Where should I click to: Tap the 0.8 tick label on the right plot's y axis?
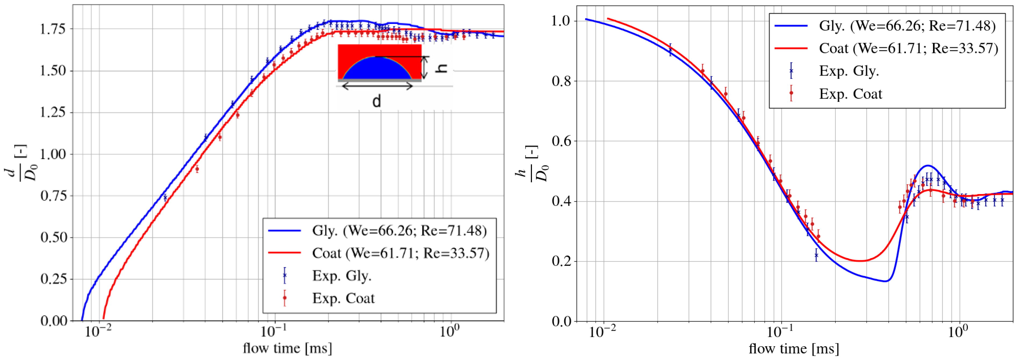coord(562,81)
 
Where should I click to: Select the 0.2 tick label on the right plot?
coord(562,262)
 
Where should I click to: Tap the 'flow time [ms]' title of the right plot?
coord(793,349)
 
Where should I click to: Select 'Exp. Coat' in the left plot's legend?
coord(343,298)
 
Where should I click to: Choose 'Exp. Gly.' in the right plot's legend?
coord(849,71)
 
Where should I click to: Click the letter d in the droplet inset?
coord(377,102)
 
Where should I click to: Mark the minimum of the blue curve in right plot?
coord(886,281)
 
